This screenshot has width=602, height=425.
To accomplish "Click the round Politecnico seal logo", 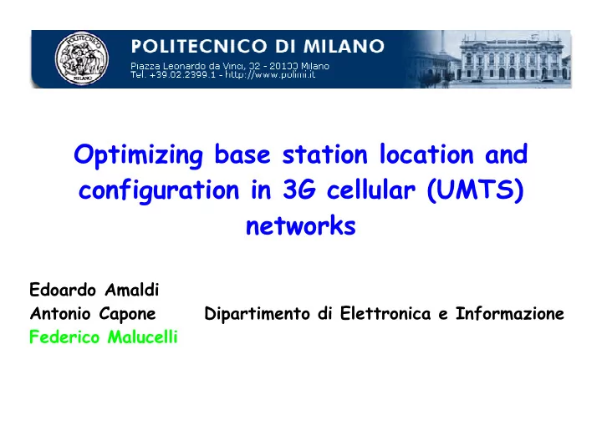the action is coord(81,58).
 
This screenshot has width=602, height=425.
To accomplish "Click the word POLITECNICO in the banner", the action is coord(200,46).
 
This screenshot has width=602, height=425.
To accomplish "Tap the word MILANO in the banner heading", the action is coord(344,46).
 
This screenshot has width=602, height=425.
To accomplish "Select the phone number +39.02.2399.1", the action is coord(182,75).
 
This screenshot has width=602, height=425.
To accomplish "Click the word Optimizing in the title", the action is coord(138,156).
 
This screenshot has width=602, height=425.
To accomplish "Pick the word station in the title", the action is coord(324,154).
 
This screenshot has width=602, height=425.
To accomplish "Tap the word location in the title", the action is coord(426,154).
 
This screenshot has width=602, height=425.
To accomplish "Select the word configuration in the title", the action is coord(159,190).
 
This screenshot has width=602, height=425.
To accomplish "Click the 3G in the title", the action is coord(299,190).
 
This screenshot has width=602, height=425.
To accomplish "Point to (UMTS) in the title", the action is coord(475,190).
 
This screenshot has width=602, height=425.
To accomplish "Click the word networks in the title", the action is coord(301,225).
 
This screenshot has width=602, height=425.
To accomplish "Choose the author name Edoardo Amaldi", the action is coord(94,290).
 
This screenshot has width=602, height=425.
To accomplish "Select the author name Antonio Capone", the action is coord(93,314).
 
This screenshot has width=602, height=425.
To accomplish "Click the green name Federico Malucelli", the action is coord(104,337).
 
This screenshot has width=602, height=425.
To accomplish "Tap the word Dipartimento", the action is coord(257,314).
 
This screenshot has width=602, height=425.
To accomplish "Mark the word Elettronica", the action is coord(385,313).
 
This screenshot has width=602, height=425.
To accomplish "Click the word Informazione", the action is coord(510,313).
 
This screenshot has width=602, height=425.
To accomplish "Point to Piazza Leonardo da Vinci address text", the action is coord(230,66).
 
